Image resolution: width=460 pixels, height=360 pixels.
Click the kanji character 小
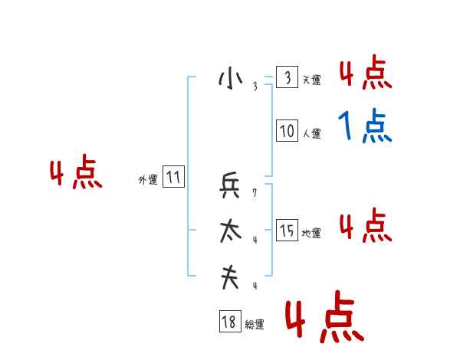click(x=230, y=79)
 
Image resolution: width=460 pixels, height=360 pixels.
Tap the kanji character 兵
click(x=230, y=186)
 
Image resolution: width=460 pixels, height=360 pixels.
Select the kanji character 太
click(x=230, y=231)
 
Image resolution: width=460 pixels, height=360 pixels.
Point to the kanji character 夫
click(x=230, y=277)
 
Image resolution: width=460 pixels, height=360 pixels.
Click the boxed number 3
click(x=287, y=78)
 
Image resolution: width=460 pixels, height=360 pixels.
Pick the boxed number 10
click(x=287, y=132)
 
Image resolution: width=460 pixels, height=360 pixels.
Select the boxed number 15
click(x=287, y=231)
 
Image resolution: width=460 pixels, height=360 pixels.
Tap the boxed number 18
click(x=229, y=322)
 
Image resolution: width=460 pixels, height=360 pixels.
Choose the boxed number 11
click(x=173, y=178)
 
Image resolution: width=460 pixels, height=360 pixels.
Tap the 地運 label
click(x=311, y=233)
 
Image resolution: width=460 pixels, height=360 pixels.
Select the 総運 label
click(x=255, y=325)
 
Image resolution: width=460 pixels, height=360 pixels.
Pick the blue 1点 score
click(x=365, y=126)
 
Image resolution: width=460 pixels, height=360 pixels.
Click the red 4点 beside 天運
click(x=365, y=74)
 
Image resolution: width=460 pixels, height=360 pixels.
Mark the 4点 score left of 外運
click(x=76, y=174)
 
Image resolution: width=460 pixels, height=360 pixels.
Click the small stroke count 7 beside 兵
click(x=255, y=194)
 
